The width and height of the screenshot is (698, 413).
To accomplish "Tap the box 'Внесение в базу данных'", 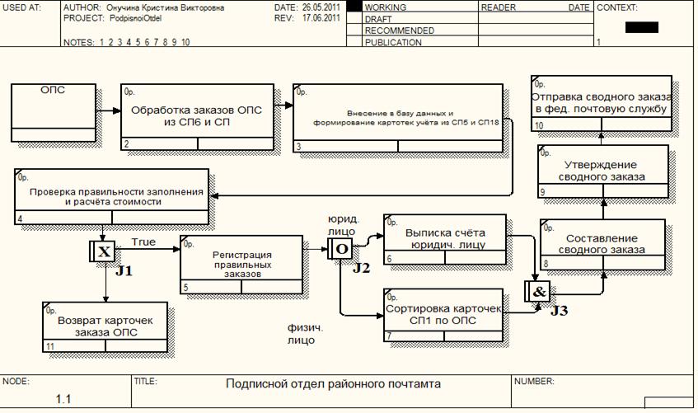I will [401, 118].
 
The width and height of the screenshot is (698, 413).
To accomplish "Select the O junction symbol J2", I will [340, 248].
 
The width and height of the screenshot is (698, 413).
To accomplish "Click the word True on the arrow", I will [143, 242].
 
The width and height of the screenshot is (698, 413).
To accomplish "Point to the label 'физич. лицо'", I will [302, 332].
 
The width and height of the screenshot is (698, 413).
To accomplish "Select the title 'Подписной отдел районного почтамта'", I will [334, 384].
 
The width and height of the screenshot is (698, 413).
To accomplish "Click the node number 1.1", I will [64, 400].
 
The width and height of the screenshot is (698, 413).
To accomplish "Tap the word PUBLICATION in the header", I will [393, 42].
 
